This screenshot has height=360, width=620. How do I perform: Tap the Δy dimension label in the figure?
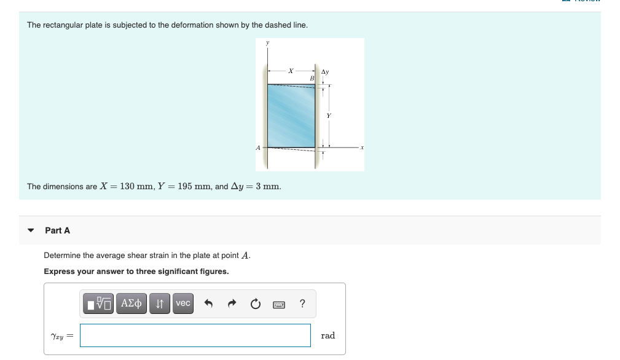pyautogui.click(x=326, y=72)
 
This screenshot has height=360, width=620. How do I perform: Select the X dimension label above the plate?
pyautogui.click(x=291, y=71)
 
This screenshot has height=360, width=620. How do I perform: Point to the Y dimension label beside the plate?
pyautogui.click(x=329, y=115)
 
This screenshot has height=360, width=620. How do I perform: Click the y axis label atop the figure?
pyautogui.click(x=267, y=43)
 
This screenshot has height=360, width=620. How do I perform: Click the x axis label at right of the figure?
pyautogui.click(x=362, y=147)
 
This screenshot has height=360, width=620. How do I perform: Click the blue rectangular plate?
pyautogui.click(x=291, y=116)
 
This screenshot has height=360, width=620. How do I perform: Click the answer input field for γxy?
pyautogui.click(x=195, y=335)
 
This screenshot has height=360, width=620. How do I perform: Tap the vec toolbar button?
pyautogui.click(x=182, y=303)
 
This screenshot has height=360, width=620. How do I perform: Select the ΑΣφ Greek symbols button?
pyautogui.click(x=131, y=303)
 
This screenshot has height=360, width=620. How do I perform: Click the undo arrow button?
pyautogui.click(x=208, y=303)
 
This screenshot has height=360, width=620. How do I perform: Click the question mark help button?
pyautogui.click(x=302, y=303)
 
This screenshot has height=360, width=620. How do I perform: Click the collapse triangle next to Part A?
pyautogui.click(x=31, y=230)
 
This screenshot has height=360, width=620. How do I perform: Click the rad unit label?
pyautogui.click(x=328, y=335)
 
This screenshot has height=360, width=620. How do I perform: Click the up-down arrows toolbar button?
pyautogui.click(x=160, y=303)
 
